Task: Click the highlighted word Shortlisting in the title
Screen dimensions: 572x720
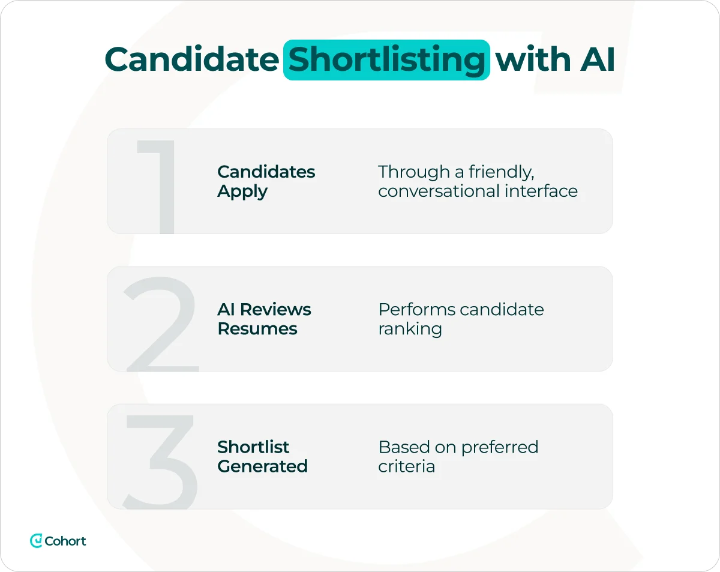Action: pyautogui.click(x=386, y=59)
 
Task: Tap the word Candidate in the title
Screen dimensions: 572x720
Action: pyautogui.click(x=191, y=59)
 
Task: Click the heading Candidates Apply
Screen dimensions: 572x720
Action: pyautogui.click(x=266, y=181)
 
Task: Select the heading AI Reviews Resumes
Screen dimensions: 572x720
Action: pyautogui.click(x=264, y=319)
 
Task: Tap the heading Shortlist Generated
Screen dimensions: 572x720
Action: pyautogui.click(x=262, y=456)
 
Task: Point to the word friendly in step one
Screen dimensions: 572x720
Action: pyautogui.click(x=502, y=172)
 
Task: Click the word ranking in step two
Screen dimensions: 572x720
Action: pyautogui.click(x=410, y=329)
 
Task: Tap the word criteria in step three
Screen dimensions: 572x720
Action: pyautogui.click(x=406, y=466)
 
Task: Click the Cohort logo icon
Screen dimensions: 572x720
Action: pyautogui.click(x=37, y=541)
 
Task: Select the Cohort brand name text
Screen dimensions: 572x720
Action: pyautogui.click(x=65, y=541)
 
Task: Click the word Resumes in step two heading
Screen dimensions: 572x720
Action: pyautogui.click(x=257, y=329)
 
